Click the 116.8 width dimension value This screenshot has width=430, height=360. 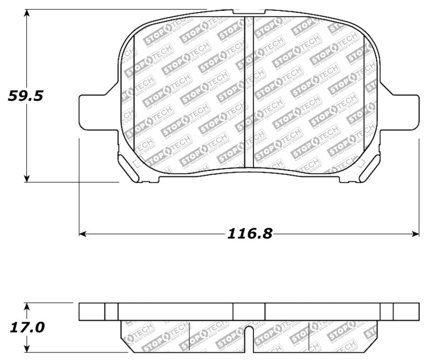(x=250, y=234)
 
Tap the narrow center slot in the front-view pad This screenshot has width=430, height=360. (x=249, y=91)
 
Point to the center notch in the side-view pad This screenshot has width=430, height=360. (x=249, y=333)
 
